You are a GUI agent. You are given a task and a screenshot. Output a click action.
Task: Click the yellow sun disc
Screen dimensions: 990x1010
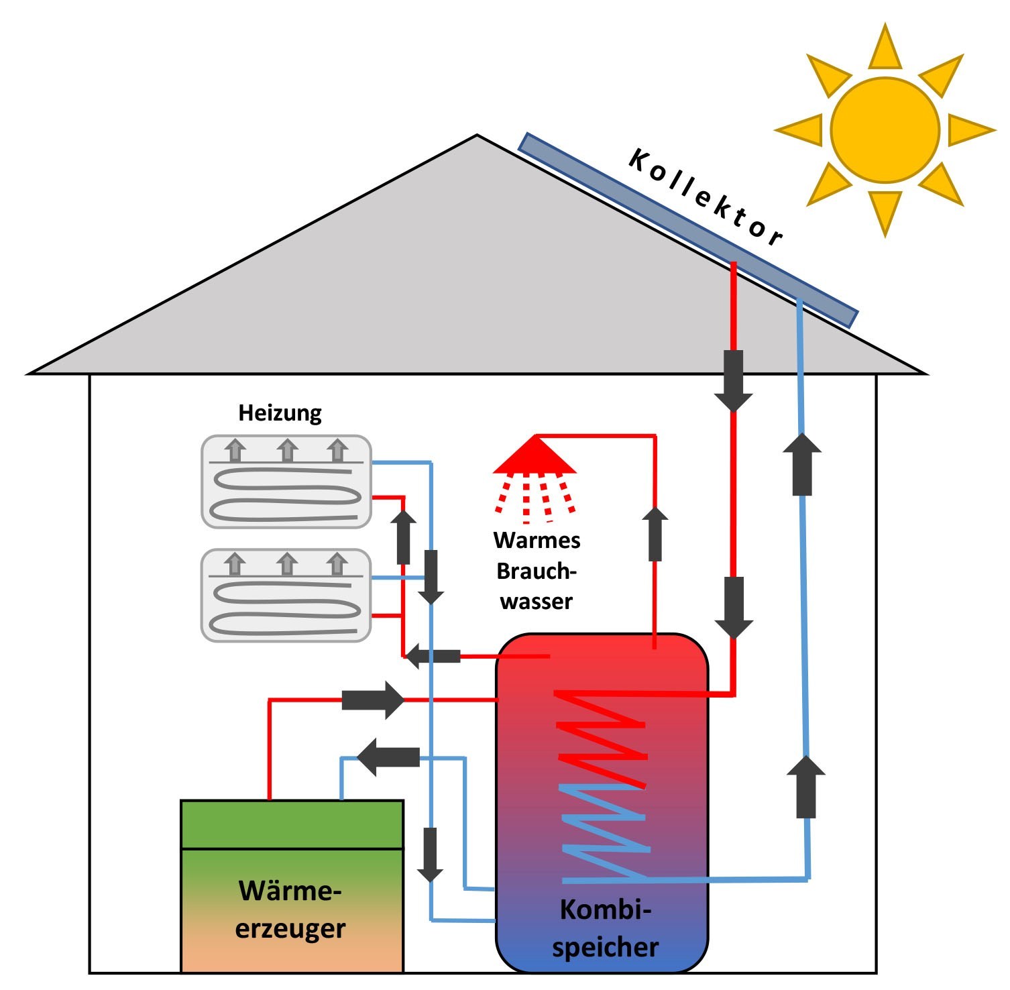click(885, 130)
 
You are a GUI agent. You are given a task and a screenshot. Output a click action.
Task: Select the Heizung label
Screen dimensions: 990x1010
click(280, 412)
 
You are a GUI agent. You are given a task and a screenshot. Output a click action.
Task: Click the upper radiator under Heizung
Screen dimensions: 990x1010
click(286, 482)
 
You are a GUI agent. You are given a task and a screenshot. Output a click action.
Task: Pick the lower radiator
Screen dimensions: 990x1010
click(286, 596)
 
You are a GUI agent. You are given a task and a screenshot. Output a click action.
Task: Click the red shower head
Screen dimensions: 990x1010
click(535, 456)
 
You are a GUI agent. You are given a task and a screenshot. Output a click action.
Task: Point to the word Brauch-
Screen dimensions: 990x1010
click(536, 571)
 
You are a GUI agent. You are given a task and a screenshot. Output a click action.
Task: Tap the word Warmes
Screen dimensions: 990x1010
click(537, 541)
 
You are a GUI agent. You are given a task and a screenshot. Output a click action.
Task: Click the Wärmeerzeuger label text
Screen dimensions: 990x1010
click(290, 910)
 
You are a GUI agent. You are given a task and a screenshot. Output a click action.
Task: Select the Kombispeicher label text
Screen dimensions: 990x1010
click(605, 928)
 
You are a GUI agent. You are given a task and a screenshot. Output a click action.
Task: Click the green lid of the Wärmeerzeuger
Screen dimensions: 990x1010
click(292, 824)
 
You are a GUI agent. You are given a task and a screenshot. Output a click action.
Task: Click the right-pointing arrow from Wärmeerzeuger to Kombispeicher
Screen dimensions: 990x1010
click(373, 700)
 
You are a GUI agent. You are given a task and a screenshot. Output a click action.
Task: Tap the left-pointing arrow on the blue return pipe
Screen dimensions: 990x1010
click(389, 757)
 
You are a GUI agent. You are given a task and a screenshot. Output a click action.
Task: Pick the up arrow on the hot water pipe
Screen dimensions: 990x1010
click(655, 534)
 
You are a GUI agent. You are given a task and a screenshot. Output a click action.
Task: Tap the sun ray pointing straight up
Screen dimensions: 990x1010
click(885, 48)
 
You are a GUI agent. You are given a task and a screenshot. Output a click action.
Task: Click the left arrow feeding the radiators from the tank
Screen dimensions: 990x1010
click(434, 655)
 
